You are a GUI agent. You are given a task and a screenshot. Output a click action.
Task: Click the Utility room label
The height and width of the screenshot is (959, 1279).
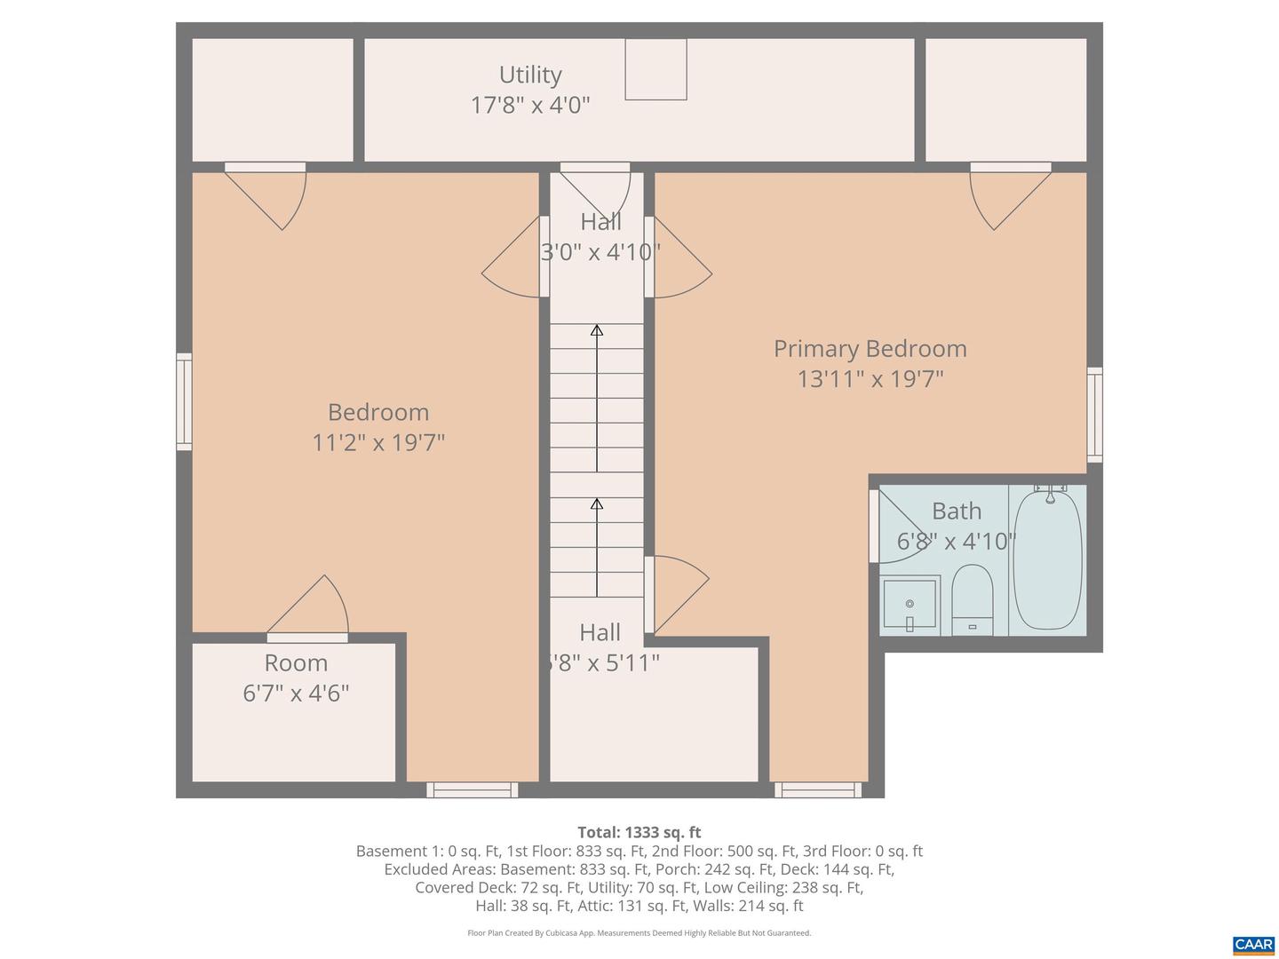tap(530, 75)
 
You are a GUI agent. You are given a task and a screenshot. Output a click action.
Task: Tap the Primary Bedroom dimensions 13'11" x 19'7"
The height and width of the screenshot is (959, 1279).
tap(870, 379)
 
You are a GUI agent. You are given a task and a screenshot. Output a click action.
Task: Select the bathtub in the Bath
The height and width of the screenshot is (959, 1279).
tap(1048, 559)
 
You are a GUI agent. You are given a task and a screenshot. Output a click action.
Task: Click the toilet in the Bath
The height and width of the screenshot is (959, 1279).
tap(972, 597)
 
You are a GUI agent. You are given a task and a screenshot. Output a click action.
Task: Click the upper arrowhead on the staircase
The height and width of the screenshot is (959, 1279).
tap(597, 331)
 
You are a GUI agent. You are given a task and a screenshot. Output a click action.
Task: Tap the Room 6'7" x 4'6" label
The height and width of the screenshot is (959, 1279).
tap(296, 678)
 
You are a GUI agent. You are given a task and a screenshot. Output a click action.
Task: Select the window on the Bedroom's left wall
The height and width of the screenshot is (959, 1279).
tap(184, 401)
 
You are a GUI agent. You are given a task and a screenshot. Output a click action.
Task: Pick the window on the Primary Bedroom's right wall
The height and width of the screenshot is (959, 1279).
tap(1095, 415)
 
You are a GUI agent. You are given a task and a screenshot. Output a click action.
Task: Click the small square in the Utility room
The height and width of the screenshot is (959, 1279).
tap(655, 69)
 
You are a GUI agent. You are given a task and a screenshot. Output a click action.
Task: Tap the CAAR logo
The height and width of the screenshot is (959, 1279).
tap(1253, 945)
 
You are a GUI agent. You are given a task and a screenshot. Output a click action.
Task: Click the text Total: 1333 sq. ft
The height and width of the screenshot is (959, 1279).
tap(639, 832)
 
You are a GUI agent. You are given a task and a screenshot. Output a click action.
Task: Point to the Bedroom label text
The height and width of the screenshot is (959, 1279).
tap(378, 412)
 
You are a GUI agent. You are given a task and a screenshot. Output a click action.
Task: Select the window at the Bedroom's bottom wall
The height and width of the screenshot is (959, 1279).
tap(472, 789)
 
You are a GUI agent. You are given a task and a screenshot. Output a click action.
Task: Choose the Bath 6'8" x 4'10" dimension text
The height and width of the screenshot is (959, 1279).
tap(956, 542)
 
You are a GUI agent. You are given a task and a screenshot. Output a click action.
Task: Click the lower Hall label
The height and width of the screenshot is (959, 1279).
tap(600, 633)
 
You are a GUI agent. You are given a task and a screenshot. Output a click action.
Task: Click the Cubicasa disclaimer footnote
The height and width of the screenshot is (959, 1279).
tap(639, 933)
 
